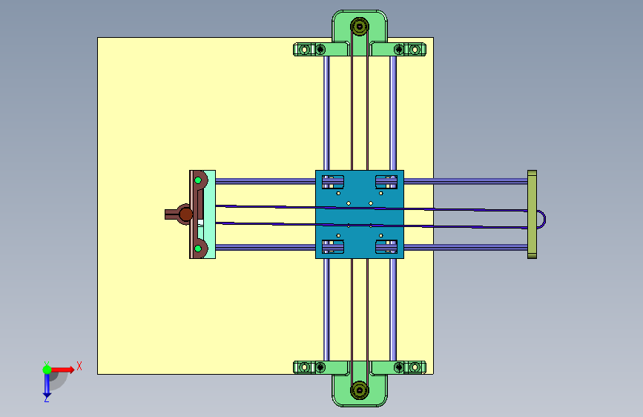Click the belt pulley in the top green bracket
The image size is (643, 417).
pyautogui.click(x=360, y=27)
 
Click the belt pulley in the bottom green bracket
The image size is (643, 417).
pyautogui.click(x=360, y=390)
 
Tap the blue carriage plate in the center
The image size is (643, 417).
pyautogui.click(x=360, y=214)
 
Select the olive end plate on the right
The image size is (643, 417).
pyautogui.click(x=532, y=214)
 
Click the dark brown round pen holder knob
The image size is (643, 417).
pyautogui.click(x=185, y=214)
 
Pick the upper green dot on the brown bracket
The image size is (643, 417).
pyautogui.click(x=198, y=180)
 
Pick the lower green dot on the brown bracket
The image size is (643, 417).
pyautogui.click(x=198, y=249)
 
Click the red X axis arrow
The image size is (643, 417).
pyautogui.click(x=62, y=370)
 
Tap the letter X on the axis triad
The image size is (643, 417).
pyautogui.click(x=79, y=366)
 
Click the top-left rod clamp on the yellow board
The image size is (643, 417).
pyautogui.click(x=309, y=50)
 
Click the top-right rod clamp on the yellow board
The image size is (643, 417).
pyautogui.click(x=409, y=50)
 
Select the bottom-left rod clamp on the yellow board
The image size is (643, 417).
pyautogui.click(x=309, y=367)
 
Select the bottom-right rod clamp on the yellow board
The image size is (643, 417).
pyautogui.click(x=409, y=367)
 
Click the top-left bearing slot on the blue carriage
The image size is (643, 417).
pyautogui.click(x=332, y=182)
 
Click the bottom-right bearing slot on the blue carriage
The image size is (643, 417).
pyautogui.click(x=386, y=246)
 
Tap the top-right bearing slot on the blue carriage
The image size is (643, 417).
pyautogui.click(x=386, y=182)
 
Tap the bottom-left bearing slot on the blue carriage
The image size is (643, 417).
pyautogui.click(x=332, y=246)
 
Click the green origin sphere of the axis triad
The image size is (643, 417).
pyautogui.click(x=47, y=370)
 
